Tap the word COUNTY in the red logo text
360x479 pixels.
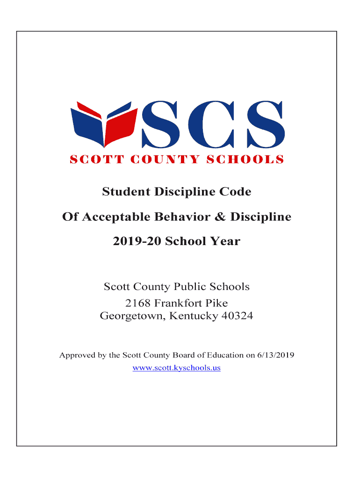pos(157,160)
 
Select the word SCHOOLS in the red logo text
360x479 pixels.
pos(245,160)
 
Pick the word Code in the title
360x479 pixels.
pos(238,192)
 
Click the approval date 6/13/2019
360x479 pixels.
pos(275,356)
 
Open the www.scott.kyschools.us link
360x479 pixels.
pos(177,368)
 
